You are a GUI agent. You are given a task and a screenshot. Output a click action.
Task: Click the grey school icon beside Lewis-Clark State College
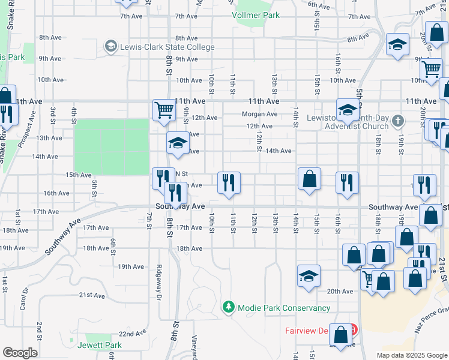[110, 46]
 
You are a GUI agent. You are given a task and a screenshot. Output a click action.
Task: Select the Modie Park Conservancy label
[284, 308]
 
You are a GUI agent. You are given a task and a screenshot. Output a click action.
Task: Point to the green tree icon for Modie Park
[229, 308]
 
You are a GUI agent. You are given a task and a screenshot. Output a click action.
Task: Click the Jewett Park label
[100, 345]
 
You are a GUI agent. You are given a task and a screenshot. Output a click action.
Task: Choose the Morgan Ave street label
[259, 114]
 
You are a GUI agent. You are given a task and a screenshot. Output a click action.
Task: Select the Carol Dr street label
[23, 299]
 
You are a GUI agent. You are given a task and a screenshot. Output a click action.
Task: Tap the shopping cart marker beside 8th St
[164, 110]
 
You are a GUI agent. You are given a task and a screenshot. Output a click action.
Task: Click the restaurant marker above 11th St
[229, 182]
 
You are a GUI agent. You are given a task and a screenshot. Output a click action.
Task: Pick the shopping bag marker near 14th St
[309, 179]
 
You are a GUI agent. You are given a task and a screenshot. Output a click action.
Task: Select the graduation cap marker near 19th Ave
[309, 276]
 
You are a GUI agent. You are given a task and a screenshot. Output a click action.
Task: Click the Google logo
[20, 353]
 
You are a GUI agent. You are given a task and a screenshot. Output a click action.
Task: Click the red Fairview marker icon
[354, 330]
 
